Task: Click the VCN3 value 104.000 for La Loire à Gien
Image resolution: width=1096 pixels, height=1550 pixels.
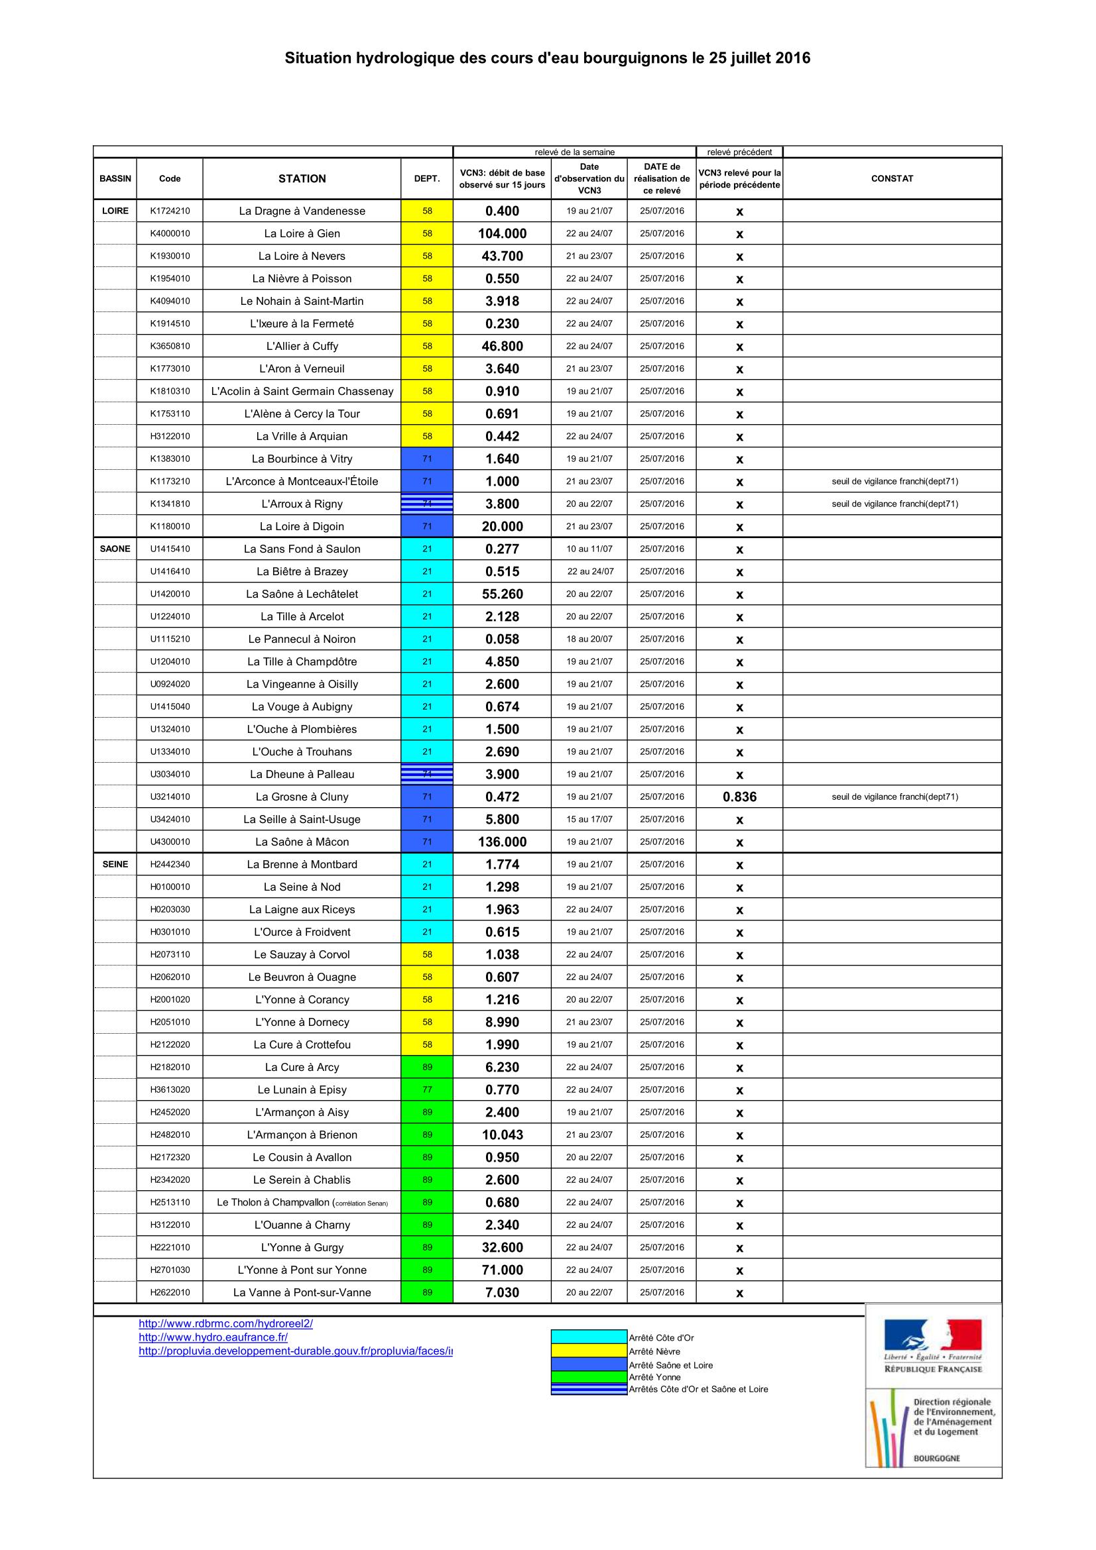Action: coord(502,233)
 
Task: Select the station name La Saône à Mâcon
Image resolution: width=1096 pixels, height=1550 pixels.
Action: coord(302,842)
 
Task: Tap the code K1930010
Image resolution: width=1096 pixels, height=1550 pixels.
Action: coord(170,256)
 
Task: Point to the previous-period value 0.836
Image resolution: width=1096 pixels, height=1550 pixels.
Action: coord(739,797)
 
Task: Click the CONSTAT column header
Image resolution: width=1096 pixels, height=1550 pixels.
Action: coord(891,178)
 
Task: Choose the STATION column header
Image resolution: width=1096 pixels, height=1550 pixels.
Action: coord(302,178)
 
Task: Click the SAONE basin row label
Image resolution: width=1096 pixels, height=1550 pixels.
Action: coord(115,549)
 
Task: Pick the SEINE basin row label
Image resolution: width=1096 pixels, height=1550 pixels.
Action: coord(115,864)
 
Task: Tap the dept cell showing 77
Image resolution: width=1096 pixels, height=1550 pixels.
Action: coord(427,1089)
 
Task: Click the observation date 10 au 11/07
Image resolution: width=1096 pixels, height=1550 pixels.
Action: coord(589,549)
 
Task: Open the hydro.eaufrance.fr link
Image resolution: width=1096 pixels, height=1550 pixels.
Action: coord(213,1337)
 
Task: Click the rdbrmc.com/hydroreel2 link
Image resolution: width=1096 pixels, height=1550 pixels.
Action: coord(225,1323)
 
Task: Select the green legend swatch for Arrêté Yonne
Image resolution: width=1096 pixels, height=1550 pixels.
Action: coord(589,1377)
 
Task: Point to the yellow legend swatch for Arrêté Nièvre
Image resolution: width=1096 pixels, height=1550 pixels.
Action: coord(589,1351)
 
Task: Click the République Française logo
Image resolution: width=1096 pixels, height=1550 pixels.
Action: coord(933,1347)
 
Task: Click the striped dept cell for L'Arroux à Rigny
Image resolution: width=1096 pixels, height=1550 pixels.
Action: coord(427,504)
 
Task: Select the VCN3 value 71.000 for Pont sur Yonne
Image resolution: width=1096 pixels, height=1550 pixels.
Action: coord(502,1270)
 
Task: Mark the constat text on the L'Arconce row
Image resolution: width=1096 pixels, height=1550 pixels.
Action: coord(894,481)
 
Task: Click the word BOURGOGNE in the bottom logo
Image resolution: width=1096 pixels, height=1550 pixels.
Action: coord(937,1457)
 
